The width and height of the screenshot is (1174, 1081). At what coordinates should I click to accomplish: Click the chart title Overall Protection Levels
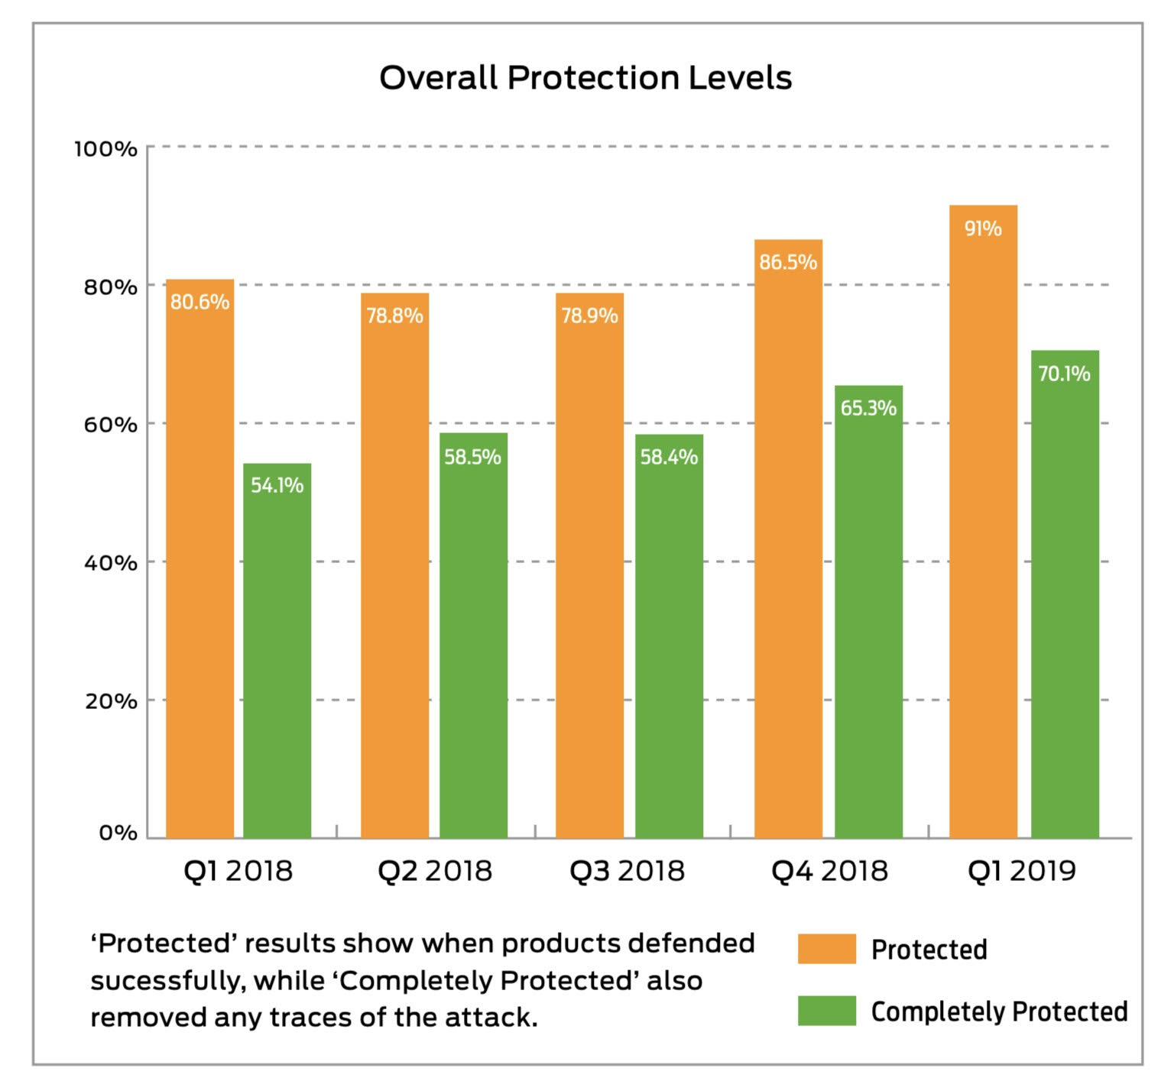[585, 78]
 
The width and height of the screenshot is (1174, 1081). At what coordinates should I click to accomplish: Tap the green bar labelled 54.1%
[277, 649]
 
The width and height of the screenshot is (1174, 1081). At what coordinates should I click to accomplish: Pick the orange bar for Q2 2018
[394, 565]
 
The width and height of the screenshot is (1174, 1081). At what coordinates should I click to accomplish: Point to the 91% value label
[983, 228]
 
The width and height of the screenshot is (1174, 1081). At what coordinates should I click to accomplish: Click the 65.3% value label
[868, 408]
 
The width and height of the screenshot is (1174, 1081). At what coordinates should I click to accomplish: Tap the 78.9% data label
[589, 316]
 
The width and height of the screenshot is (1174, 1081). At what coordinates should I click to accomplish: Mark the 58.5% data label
[472, 457]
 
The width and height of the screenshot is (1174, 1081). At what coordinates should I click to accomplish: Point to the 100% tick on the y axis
[105, 149]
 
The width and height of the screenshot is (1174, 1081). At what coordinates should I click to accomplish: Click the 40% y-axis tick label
[110, 563]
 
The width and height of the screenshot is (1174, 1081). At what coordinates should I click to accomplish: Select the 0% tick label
[118, 833]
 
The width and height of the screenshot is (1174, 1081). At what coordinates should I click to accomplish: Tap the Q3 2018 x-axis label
[627, 871]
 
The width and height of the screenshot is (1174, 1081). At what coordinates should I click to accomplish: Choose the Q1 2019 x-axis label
[1021, 871]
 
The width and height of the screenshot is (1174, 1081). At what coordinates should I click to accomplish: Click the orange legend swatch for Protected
[826, 949]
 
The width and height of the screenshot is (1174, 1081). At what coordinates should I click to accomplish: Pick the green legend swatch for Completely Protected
[826, 1011]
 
